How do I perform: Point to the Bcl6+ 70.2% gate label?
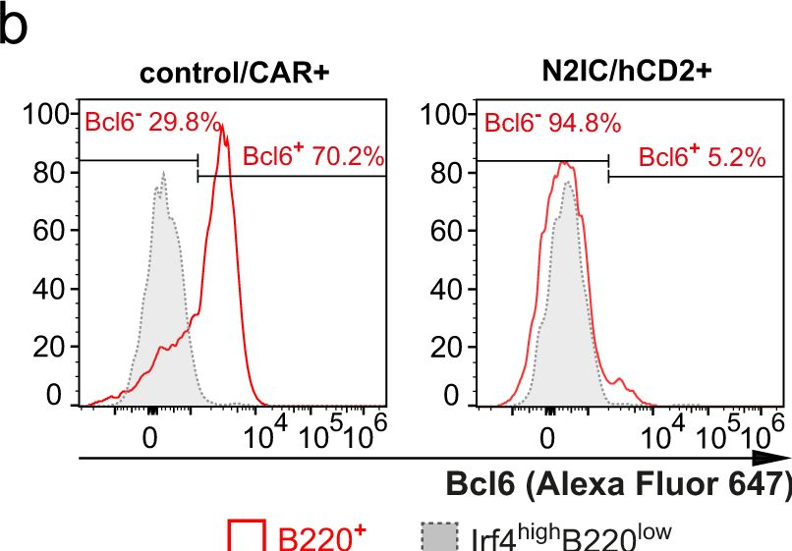tap(312, 157)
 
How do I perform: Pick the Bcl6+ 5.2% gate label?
tap(702, 157)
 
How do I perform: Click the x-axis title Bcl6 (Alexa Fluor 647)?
tap(618, 484)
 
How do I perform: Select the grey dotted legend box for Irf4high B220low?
tap(440, 536)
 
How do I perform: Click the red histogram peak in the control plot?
tap(223, 126)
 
